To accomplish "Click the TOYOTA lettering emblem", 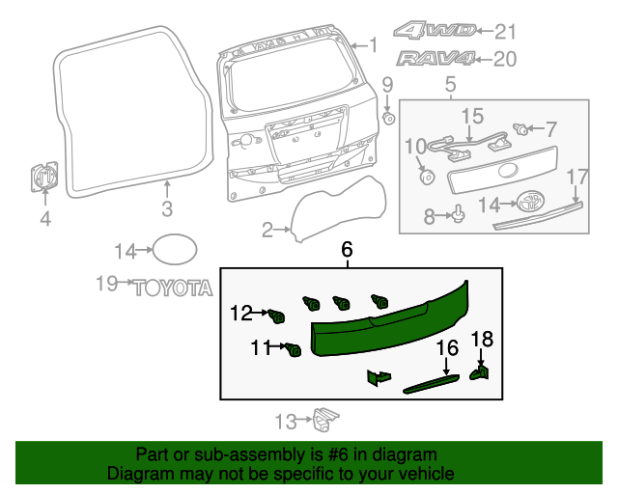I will pyautogui.click(x=172, y=287).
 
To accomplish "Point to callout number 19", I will pyautogui.click(x=106, y=283).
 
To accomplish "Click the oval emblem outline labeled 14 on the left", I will pyautogui.click(x=173, y=251).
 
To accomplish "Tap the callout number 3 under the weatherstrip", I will pyautogui.click(x=166, y=208).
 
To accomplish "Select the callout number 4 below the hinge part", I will pyautogui.click(x=44, y=219).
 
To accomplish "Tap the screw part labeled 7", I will pyautogui.click(x=521, y=128).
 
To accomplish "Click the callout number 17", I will pyautogui.click(x=576, y=177).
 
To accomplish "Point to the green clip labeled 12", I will pyautogui.click(x=278, y=316).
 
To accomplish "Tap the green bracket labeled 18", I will pyautogui.click(x=480, y=370).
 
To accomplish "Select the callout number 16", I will pyautogui.click(x=448, y=347).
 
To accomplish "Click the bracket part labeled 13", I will pyautogui.click(x=325, y=420).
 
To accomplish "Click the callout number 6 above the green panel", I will pyautogui.click(x=348, y=250).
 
